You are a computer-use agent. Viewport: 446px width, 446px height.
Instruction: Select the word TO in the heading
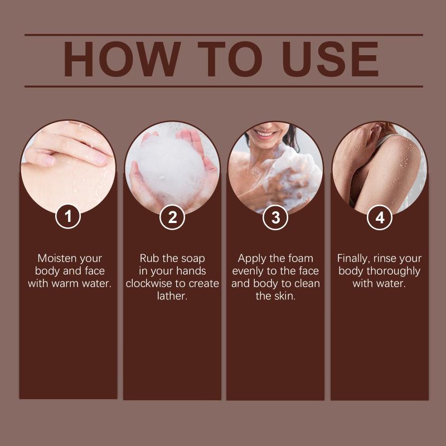coord(230,59)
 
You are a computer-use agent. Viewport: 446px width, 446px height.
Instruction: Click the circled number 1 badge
coord(68,216)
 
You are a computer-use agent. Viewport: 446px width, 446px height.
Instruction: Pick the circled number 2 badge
coord(172,217)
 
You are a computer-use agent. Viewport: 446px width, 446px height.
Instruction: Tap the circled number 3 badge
coord(275,217)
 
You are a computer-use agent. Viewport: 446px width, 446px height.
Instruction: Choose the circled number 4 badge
coord(380,217)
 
